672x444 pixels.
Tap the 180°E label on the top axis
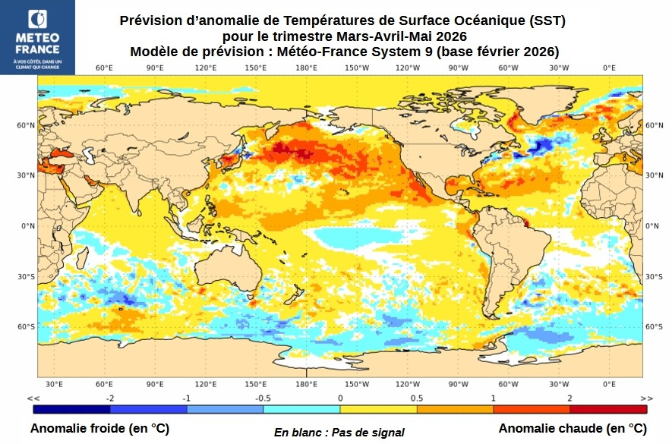point(306,68)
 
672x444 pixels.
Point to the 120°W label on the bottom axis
point(408,384)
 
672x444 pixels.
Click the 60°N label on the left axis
point(27,125)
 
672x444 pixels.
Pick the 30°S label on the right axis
point(655,276)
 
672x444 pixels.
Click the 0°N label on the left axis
point(28,226)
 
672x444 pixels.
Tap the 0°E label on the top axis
point(609,68)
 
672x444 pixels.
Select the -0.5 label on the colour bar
point(263,398)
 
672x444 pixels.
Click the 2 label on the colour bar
point(569,398)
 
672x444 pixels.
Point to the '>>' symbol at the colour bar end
point(645,398)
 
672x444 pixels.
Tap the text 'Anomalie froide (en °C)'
point(99,429)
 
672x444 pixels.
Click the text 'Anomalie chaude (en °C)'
point(572,429)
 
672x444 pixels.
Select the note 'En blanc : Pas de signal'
point(339,432)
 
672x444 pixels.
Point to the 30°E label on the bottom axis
point(54,384)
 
